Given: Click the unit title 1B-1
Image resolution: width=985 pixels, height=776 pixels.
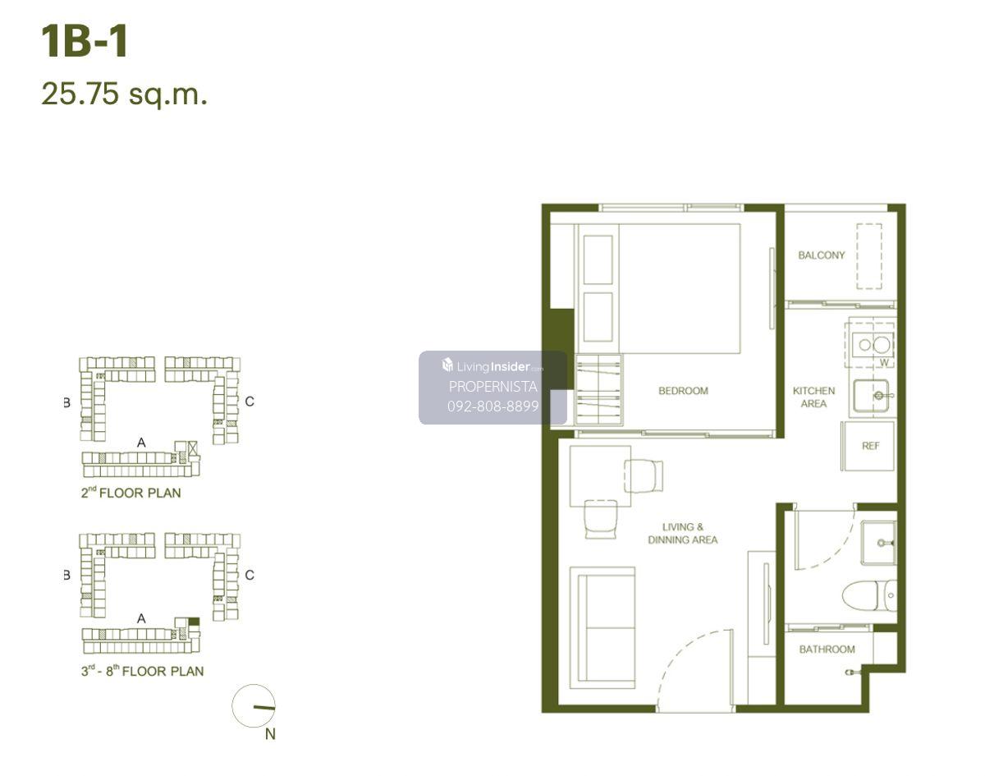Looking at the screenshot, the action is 85,41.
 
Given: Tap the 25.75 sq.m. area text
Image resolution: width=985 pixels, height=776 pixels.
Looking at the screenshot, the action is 125,94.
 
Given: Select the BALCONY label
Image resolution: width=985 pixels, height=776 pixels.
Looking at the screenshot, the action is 822,255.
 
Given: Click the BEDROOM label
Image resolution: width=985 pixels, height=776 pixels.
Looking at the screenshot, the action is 684,391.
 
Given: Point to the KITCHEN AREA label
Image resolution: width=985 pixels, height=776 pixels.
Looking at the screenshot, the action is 813,397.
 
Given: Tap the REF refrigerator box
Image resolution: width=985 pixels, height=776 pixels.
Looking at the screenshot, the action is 868,446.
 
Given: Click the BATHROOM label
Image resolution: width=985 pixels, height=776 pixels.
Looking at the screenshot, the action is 827,649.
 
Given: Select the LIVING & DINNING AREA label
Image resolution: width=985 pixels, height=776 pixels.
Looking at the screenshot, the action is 682,533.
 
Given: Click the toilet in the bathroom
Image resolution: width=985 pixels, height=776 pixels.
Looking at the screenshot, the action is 869,595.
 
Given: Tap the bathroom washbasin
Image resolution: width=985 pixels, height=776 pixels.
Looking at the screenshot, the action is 879,543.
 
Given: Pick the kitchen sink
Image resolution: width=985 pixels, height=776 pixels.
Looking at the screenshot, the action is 872,396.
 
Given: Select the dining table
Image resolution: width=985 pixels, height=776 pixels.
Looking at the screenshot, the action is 600,476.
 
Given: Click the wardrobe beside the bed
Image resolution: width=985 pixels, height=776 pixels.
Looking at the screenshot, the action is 598,390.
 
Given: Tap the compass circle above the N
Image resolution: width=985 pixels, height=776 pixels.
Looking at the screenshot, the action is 254,706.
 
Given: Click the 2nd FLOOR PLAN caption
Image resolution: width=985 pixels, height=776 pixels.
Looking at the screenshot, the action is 131,493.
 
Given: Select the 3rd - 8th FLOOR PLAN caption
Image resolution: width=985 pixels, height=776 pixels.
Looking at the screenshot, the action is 142,671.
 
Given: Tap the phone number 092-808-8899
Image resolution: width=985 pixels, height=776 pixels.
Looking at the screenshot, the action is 493,406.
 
